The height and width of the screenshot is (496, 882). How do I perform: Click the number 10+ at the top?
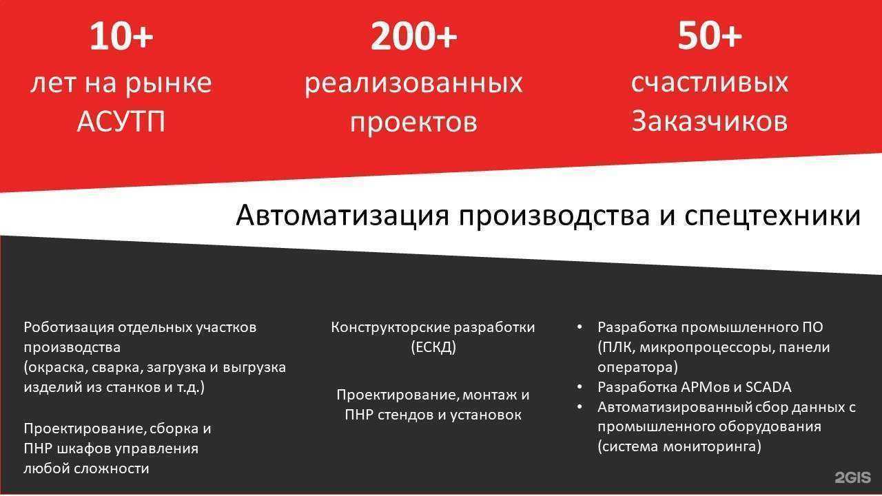pos(121,37)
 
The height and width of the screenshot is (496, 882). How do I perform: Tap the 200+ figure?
pos(413,37)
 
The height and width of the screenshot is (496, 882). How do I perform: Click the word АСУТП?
pos(121,122)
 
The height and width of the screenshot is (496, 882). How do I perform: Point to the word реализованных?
pos(413,83)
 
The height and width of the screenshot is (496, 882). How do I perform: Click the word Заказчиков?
pos(709,121)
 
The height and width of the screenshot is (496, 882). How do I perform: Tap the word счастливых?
pos(709,83)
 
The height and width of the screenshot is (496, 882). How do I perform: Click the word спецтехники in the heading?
pos(772,216)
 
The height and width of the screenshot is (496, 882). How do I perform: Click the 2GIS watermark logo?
pos(852,477)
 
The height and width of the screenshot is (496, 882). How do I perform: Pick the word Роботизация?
pos(68,327)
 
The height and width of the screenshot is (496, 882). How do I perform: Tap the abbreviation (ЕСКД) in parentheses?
pos(433,347)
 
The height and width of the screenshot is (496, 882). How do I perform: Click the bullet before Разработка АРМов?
pos(580,387)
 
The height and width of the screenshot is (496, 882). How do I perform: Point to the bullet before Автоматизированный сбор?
pos(580,407)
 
